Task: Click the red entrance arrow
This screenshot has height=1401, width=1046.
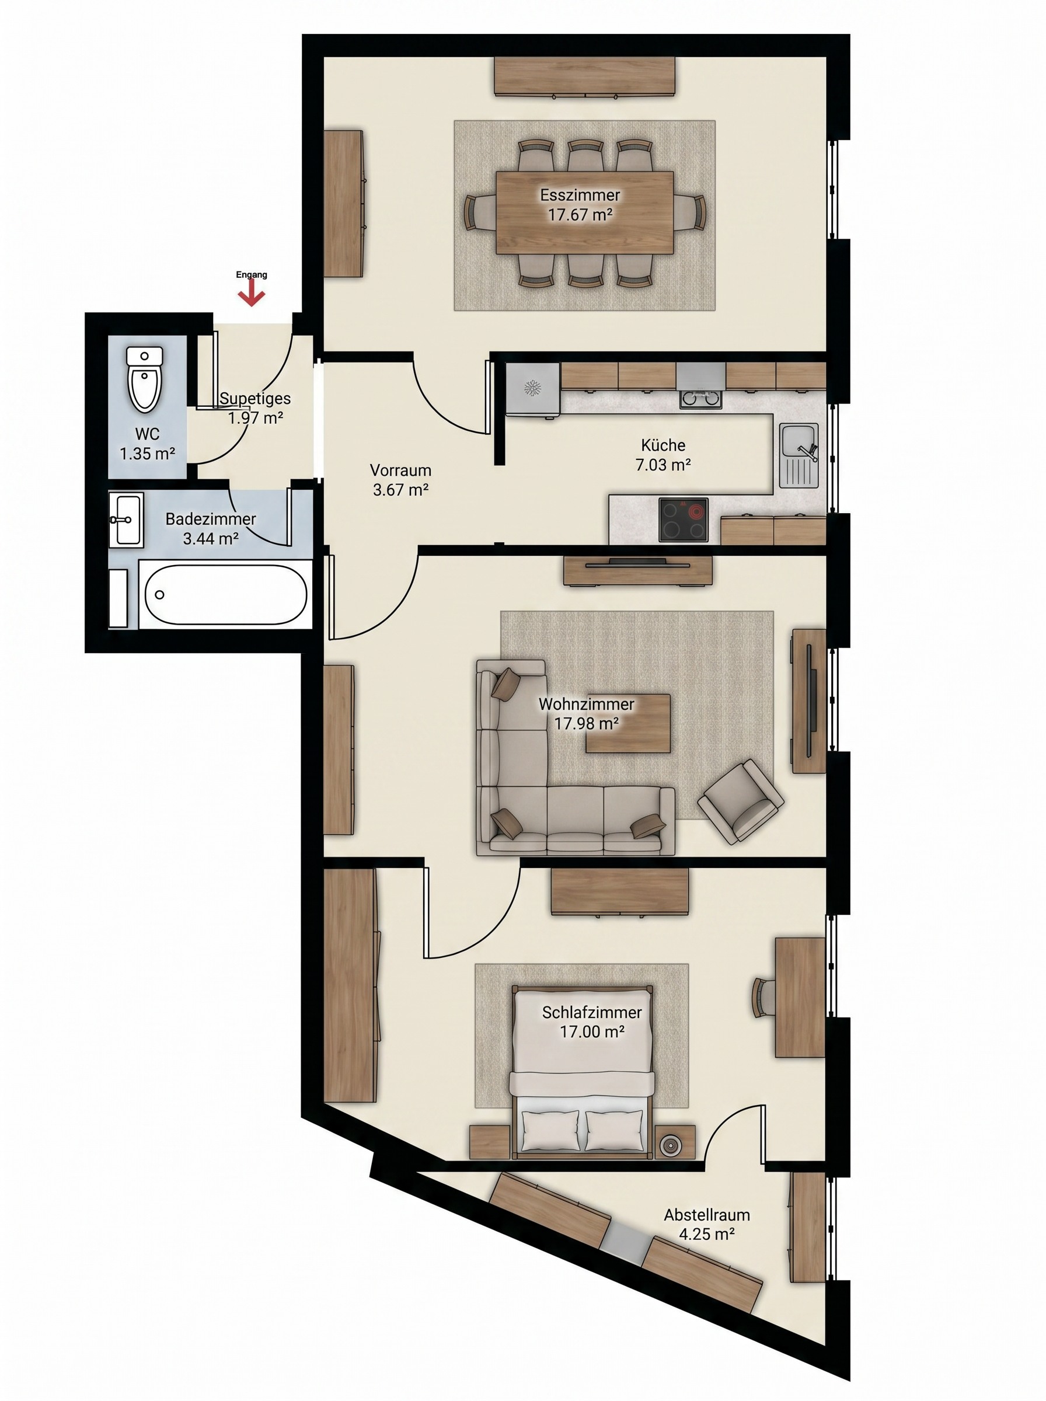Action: [x=252, y=294]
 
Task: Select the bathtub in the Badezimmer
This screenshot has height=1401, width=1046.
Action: [x=225, y=594]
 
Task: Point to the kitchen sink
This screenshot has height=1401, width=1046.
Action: [x=799, y=456]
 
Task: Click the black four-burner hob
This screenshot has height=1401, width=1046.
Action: [x=683, y=520]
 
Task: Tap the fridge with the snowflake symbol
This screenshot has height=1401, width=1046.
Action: [x=532, y=389]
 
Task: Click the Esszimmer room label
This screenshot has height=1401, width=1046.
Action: [x=580, y=195]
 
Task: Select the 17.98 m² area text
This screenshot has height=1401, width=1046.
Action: [x=586, y=723]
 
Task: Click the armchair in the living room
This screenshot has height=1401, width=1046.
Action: [x=740, y=801]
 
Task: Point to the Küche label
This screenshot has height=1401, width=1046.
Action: [x=663, y=445]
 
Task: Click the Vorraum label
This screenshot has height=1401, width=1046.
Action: [x=401, y=471]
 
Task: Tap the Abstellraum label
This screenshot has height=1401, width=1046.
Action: [x=707, y=1215]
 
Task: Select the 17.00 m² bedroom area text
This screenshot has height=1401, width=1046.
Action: [x=592, y=1031]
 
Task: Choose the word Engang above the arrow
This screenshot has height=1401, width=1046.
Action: [x=252, y=275]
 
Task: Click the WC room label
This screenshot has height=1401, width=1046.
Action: [x=147, y=434]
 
